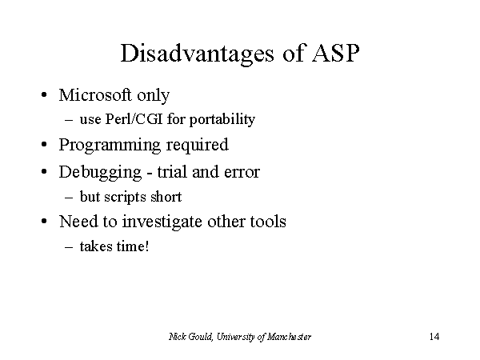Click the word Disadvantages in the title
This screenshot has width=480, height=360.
(197, 54)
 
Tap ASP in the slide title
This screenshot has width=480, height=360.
(335, 54)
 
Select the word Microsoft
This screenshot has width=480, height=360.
(95, 94)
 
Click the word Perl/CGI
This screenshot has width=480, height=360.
(134, 119)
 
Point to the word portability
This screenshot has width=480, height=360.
(222, 119)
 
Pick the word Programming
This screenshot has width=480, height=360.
(110, 145)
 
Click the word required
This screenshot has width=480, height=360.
(198, 145)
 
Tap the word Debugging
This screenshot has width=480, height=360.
(101, 172)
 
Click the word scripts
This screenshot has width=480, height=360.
(126, 197)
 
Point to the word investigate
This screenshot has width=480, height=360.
(162, 222)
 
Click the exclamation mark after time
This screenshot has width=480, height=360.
(147, 246)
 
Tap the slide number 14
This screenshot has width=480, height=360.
(434, 337)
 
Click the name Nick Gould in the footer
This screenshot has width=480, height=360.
(190, 337)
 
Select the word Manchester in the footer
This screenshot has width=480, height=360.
(289, 337)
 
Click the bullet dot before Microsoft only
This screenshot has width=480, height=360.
(44, 94)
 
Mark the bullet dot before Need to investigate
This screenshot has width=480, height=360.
(44, 221)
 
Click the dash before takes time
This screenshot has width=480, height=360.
(69, 246)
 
